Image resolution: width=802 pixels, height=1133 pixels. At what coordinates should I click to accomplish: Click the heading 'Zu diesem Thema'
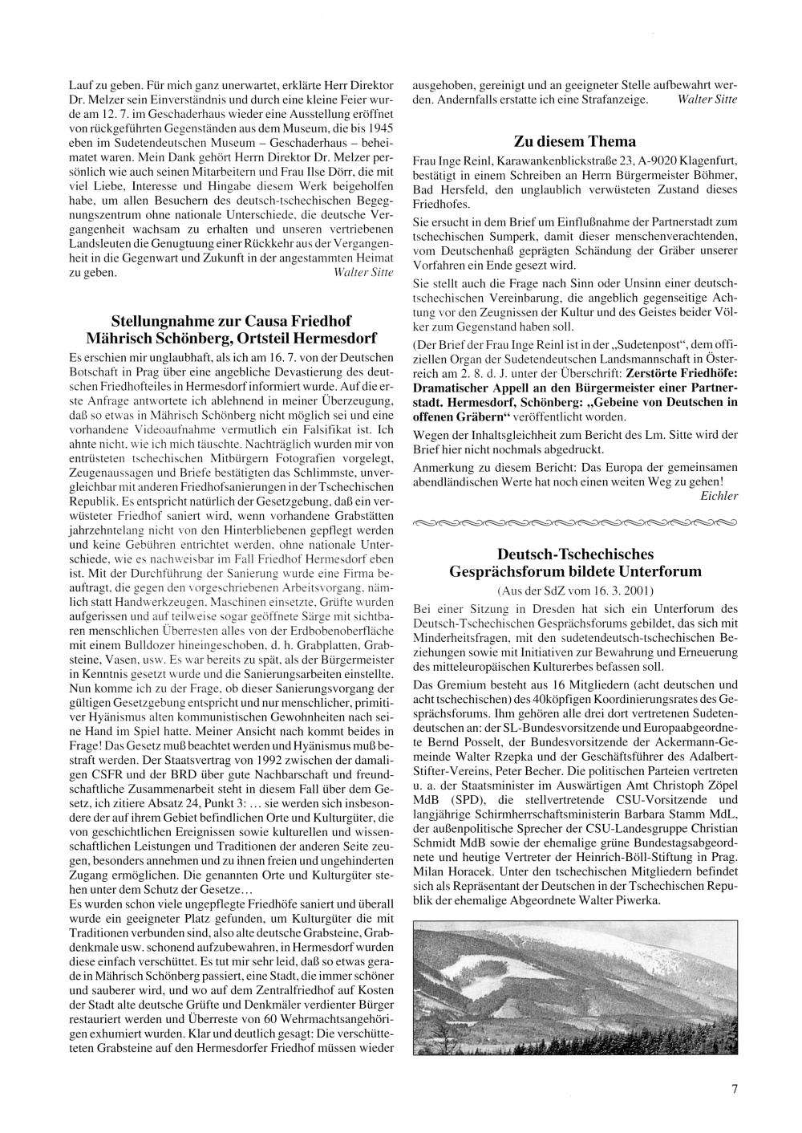tap(574, 141)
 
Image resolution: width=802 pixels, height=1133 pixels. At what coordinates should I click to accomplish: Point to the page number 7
tap(734, 1089)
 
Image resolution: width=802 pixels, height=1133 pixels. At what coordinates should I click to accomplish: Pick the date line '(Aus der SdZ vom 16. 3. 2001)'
tap(574, 591)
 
